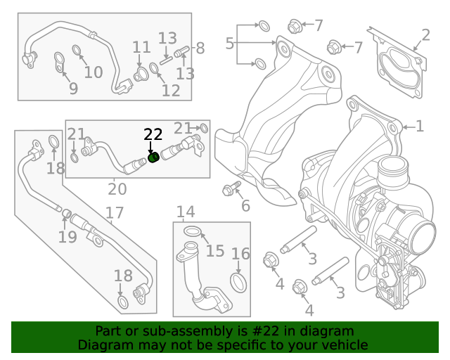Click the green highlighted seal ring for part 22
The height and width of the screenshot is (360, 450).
point(154,158)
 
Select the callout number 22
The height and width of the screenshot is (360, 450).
point(153,135)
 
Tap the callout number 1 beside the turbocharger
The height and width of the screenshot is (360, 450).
point(420,127)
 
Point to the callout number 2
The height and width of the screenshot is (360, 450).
point(425,35)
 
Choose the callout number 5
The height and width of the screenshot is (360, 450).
point(230,44)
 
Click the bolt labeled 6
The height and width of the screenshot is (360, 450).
point(231,188)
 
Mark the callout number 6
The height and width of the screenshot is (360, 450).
point(245,206)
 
